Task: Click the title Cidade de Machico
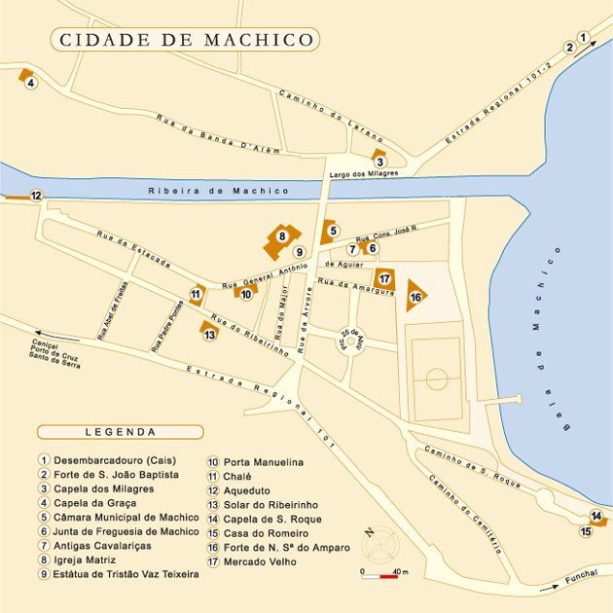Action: click(185, 40)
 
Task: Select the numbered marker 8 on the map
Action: click(282, 234)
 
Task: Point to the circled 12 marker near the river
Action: click(36, 196)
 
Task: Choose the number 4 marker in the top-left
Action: click(31, 83)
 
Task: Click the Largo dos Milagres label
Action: click(368, 174)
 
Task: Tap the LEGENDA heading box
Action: click(120, 431)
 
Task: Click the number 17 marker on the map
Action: click(384, 277)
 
